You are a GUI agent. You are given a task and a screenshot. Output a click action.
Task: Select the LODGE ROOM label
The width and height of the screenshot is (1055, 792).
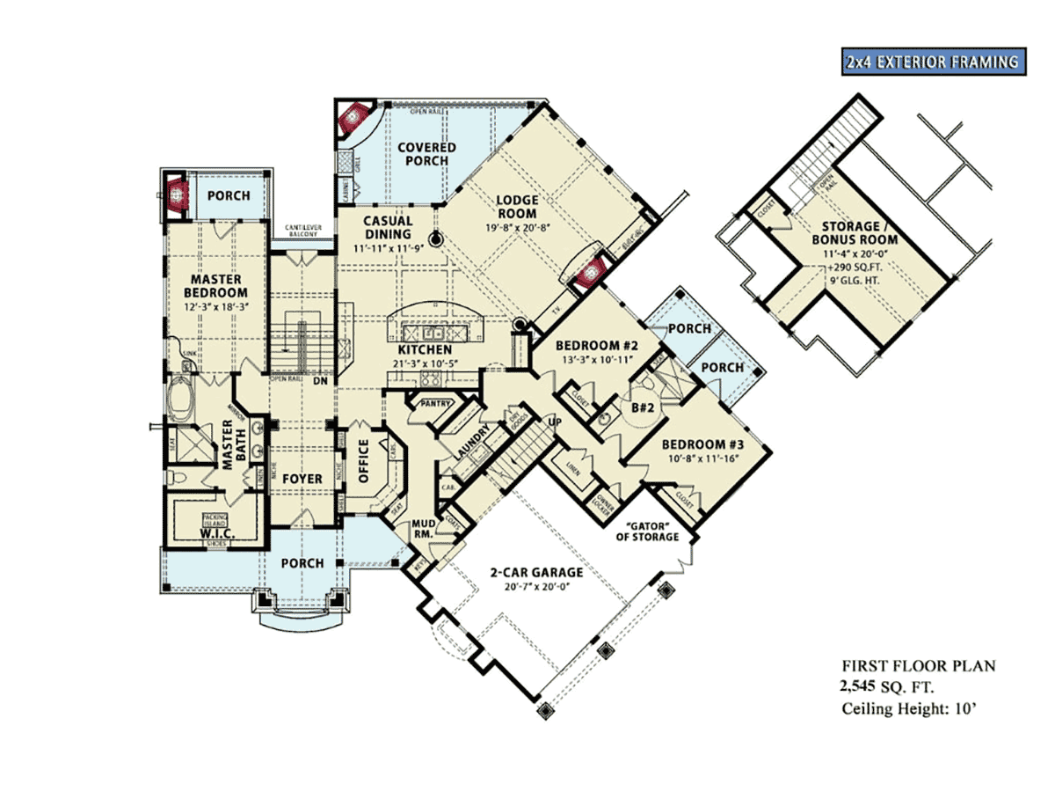pos(518,206)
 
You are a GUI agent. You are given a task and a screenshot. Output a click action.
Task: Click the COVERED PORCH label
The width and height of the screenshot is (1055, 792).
pos(426,154)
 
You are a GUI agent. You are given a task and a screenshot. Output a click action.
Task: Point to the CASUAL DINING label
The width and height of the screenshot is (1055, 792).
pos(388,228)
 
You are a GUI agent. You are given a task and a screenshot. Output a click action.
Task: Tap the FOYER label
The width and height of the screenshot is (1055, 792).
pos(302,479)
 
